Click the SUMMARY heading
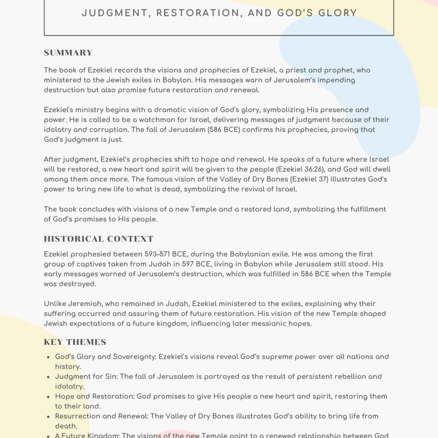pyautogui.click(x=68, y=53)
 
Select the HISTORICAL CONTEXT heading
pyautogui.click(x=99, y=239)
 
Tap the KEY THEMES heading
pyautogui.click(x=75, y=342)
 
